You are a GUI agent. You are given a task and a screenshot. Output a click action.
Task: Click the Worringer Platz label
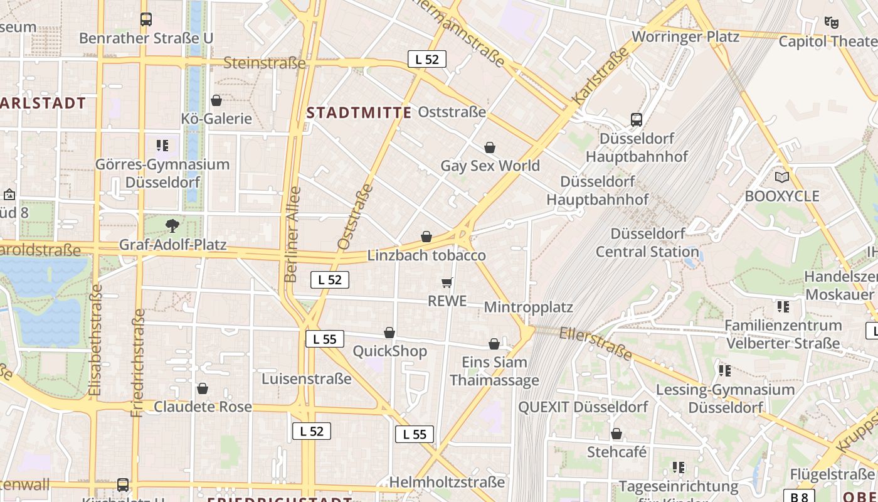[x=685, y=36]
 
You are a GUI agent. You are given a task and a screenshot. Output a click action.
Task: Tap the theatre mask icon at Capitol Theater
[x=832, y=23]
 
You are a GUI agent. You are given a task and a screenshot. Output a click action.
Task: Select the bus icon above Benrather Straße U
[x=146, y=19]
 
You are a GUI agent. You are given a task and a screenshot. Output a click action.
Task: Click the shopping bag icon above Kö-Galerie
[x=216, y=100]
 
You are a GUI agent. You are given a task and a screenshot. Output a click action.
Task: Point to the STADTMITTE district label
[x=359, y=113]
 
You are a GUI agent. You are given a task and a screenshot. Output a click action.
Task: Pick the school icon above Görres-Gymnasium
[x=162, y=146]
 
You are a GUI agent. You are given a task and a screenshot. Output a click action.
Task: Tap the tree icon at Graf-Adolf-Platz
[x=172, y=225]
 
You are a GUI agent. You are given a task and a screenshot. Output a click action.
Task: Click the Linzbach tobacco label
[x=426, y=255]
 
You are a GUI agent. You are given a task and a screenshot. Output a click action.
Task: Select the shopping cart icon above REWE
[x=447, y=283]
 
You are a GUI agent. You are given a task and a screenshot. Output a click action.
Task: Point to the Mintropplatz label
[x=529, y=307]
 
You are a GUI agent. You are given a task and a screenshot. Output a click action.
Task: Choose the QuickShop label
[x=389, y=351]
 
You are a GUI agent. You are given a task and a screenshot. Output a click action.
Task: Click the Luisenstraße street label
[x=307, y=379]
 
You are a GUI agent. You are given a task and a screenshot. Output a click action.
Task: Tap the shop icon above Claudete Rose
[x=203, y=389]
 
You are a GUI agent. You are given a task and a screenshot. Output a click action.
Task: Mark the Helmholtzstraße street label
[x=447, y=482]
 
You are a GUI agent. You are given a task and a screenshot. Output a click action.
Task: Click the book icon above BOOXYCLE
[x=782, y=178]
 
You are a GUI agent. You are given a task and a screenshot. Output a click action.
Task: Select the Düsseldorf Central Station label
[x=647, y=243]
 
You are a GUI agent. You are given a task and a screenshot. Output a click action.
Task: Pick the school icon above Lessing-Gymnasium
[x=725, y=371]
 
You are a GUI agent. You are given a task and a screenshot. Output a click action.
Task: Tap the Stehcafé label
[x=616, y=452]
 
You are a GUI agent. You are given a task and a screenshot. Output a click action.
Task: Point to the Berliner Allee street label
[x=292, y=234]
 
